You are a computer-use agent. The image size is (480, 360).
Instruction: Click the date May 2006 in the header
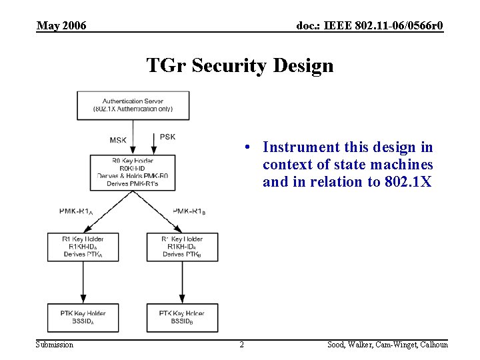61,26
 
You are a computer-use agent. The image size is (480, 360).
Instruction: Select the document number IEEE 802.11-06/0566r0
370,26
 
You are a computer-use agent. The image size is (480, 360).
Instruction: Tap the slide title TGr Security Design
239,66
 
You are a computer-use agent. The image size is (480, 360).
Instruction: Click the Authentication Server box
133,105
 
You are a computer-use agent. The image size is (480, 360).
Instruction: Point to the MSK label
118,140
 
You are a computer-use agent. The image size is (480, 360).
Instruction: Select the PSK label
168,137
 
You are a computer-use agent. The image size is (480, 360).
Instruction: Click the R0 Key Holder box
132,172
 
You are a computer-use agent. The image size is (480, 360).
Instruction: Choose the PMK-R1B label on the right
189,211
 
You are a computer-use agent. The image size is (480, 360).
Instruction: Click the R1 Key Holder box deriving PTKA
83,247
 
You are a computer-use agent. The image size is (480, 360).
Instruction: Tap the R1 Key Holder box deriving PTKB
183,247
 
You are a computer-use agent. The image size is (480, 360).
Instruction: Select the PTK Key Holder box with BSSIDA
83,317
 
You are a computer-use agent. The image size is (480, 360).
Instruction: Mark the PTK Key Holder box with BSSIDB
183,317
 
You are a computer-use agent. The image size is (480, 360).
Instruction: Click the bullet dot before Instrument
247,147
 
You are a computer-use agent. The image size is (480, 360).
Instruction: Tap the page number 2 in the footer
241,345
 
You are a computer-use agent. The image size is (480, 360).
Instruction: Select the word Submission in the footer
55,345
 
